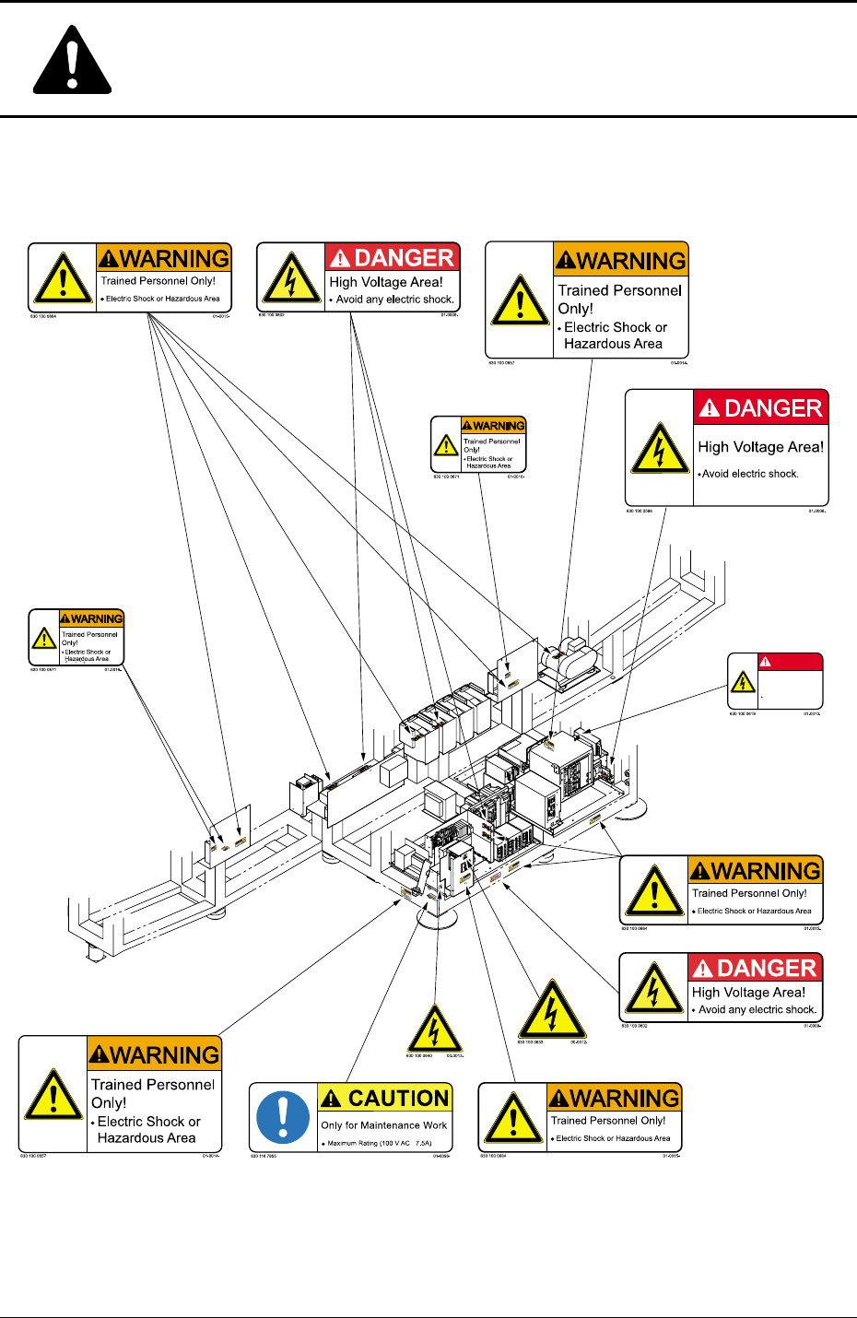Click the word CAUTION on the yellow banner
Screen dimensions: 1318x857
398,1099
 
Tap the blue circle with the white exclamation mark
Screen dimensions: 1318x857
282,1117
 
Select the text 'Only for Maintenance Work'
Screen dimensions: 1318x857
383,1125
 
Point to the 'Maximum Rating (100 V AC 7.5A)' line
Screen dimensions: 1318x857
379,1144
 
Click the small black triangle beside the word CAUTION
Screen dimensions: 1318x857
331,1099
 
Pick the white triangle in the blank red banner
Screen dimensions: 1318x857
765,662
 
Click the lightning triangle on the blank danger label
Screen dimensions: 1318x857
743,682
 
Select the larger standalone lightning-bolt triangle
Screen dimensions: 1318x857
551,1010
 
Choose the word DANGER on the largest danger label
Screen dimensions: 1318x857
772,408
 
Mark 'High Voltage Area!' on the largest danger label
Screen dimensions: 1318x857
760,447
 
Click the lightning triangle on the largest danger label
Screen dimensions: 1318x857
659,449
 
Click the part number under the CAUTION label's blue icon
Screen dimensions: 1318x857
264,1156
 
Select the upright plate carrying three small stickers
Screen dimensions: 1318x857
228,840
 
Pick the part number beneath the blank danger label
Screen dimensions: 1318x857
742,713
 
